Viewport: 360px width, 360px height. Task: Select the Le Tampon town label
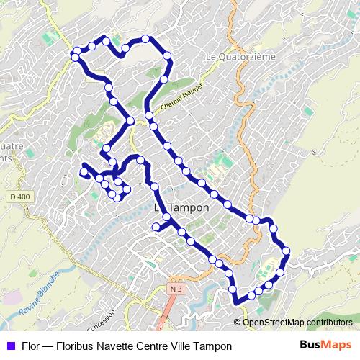(x=182, y=207)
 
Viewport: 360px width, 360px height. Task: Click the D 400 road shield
(x=21, y=196)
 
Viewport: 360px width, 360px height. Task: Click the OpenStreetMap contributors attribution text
(x=297, y=323)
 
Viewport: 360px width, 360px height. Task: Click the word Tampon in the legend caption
(x=216, y=346)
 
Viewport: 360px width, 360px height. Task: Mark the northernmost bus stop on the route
(x=145, y=39)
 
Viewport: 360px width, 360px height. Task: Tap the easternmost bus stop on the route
(x=286, y=251)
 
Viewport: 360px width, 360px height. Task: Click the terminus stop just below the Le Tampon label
(x=156, y=227)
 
